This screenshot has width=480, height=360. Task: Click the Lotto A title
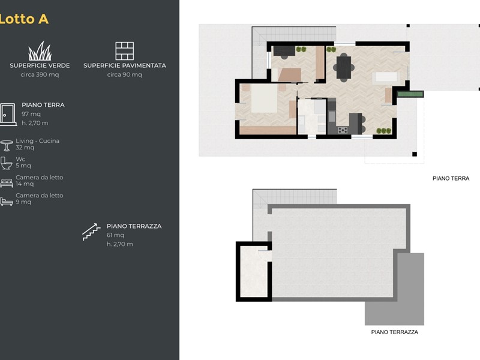tap(24, 19)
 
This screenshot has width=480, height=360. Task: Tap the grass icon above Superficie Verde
tap(40, 51)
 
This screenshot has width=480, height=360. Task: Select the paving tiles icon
tap(125, 51)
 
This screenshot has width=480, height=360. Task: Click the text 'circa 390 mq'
tap(40, 74)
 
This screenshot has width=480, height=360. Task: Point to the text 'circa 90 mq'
tap(125, 74)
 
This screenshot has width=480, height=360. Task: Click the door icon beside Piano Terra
tap(8, 115)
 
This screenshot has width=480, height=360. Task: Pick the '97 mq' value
tap(31, 114)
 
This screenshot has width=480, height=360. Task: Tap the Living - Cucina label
tap(38, 141)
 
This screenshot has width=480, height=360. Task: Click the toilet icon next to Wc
tap(6, 163)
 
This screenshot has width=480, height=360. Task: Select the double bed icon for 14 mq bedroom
tap(7, 183)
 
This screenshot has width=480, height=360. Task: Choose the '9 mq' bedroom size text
tap(23, 202)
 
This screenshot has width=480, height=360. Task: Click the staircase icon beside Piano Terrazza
tap(91, 232)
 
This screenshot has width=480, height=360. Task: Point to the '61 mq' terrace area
tap(115, 235)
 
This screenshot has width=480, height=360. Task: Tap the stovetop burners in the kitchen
tap(343, 130)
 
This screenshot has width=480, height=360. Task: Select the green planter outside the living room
tap(410, 94)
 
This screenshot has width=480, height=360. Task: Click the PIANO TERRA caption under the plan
tap(451, 178)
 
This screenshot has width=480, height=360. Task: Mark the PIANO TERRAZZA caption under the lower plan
tap(395, 332)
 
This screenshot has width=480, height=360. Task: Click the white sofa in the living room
tap(386, 77)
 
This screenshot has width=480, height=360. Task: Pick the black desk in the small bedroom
tap(284, 51)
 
